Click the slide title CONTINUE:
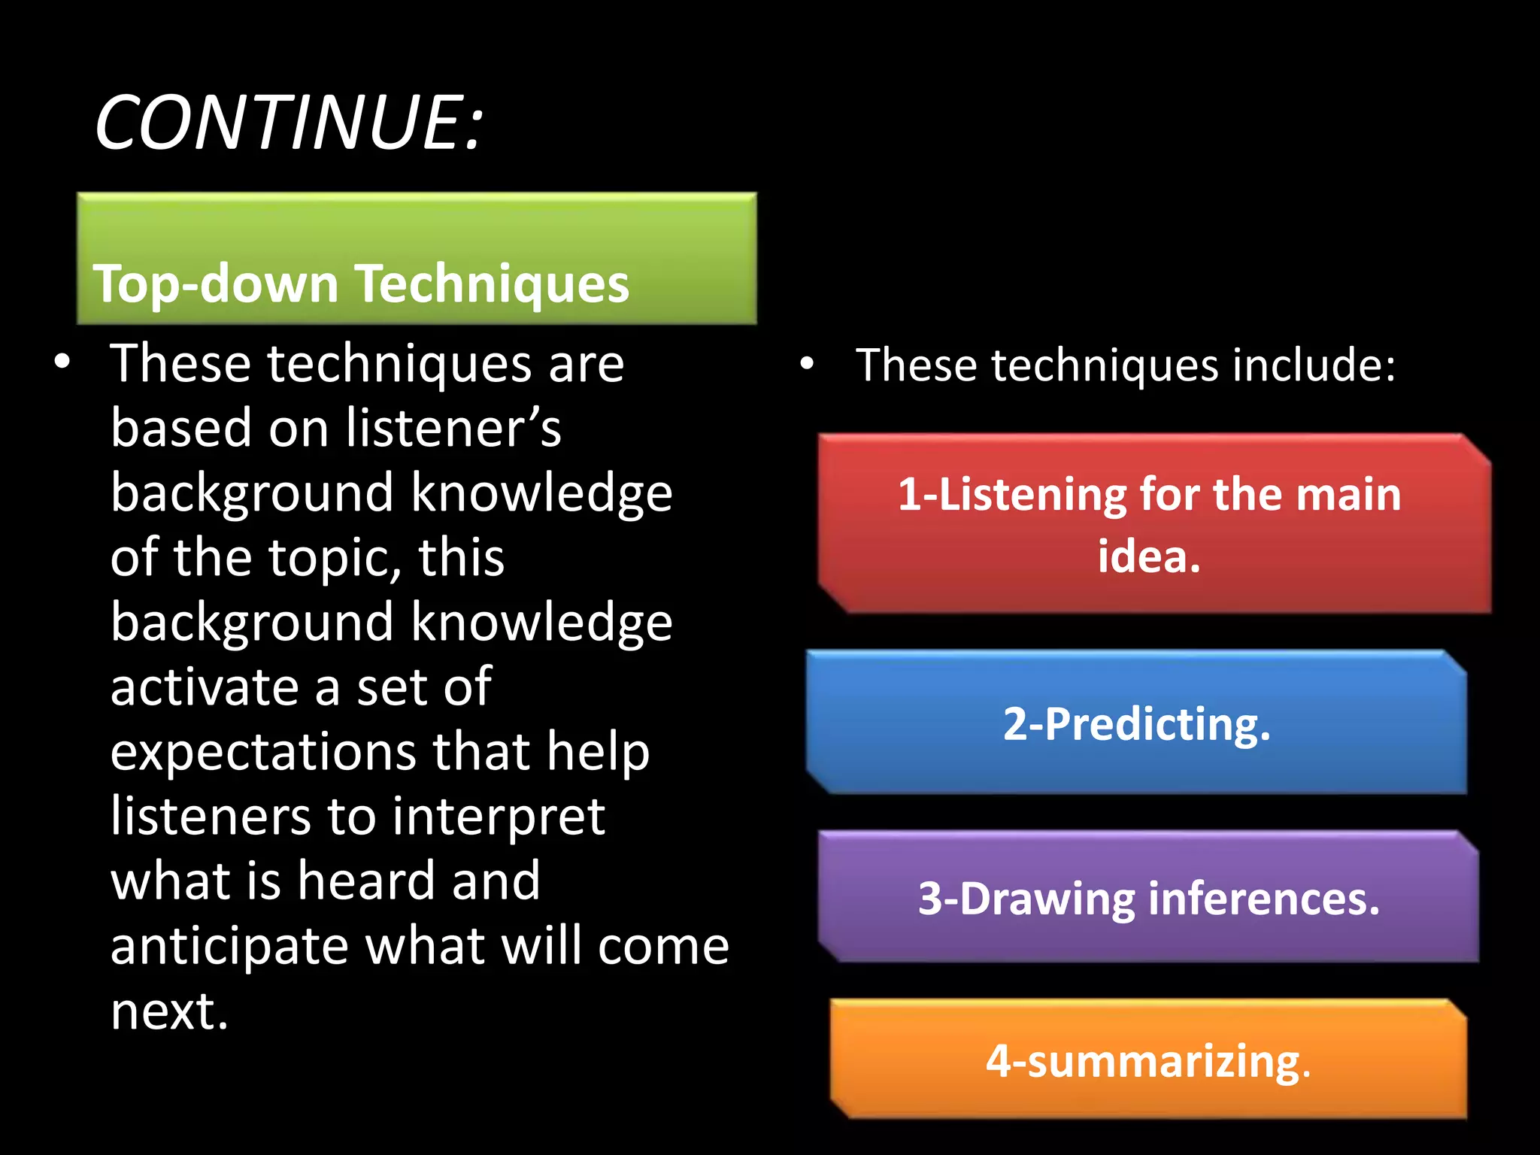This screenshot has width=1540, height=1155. click(290, 123)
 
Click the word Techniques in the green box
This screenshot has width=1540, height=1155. click(493, 284)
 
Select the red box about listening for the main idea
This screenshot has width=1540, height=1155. click(1153, 524)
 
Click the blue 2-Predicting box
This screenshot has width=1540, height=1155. click(1136, 723)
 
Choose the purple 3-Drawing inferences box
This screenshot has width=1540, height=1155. click(1148, 898)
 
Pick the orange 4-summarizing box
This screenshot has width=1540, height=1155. click(1148, 1061)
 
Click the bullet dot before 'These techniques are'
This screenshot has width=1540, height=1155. click(62, 362)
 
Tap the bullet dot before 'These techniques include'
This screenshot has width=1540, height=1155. click(807, 365)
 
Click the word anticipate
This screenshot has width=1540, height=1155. click(229, 947)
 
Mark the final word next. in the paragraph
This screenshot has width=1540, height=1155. click(169, 1011)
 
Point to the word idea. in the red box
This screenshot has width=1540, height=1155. click(1149, 556)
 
